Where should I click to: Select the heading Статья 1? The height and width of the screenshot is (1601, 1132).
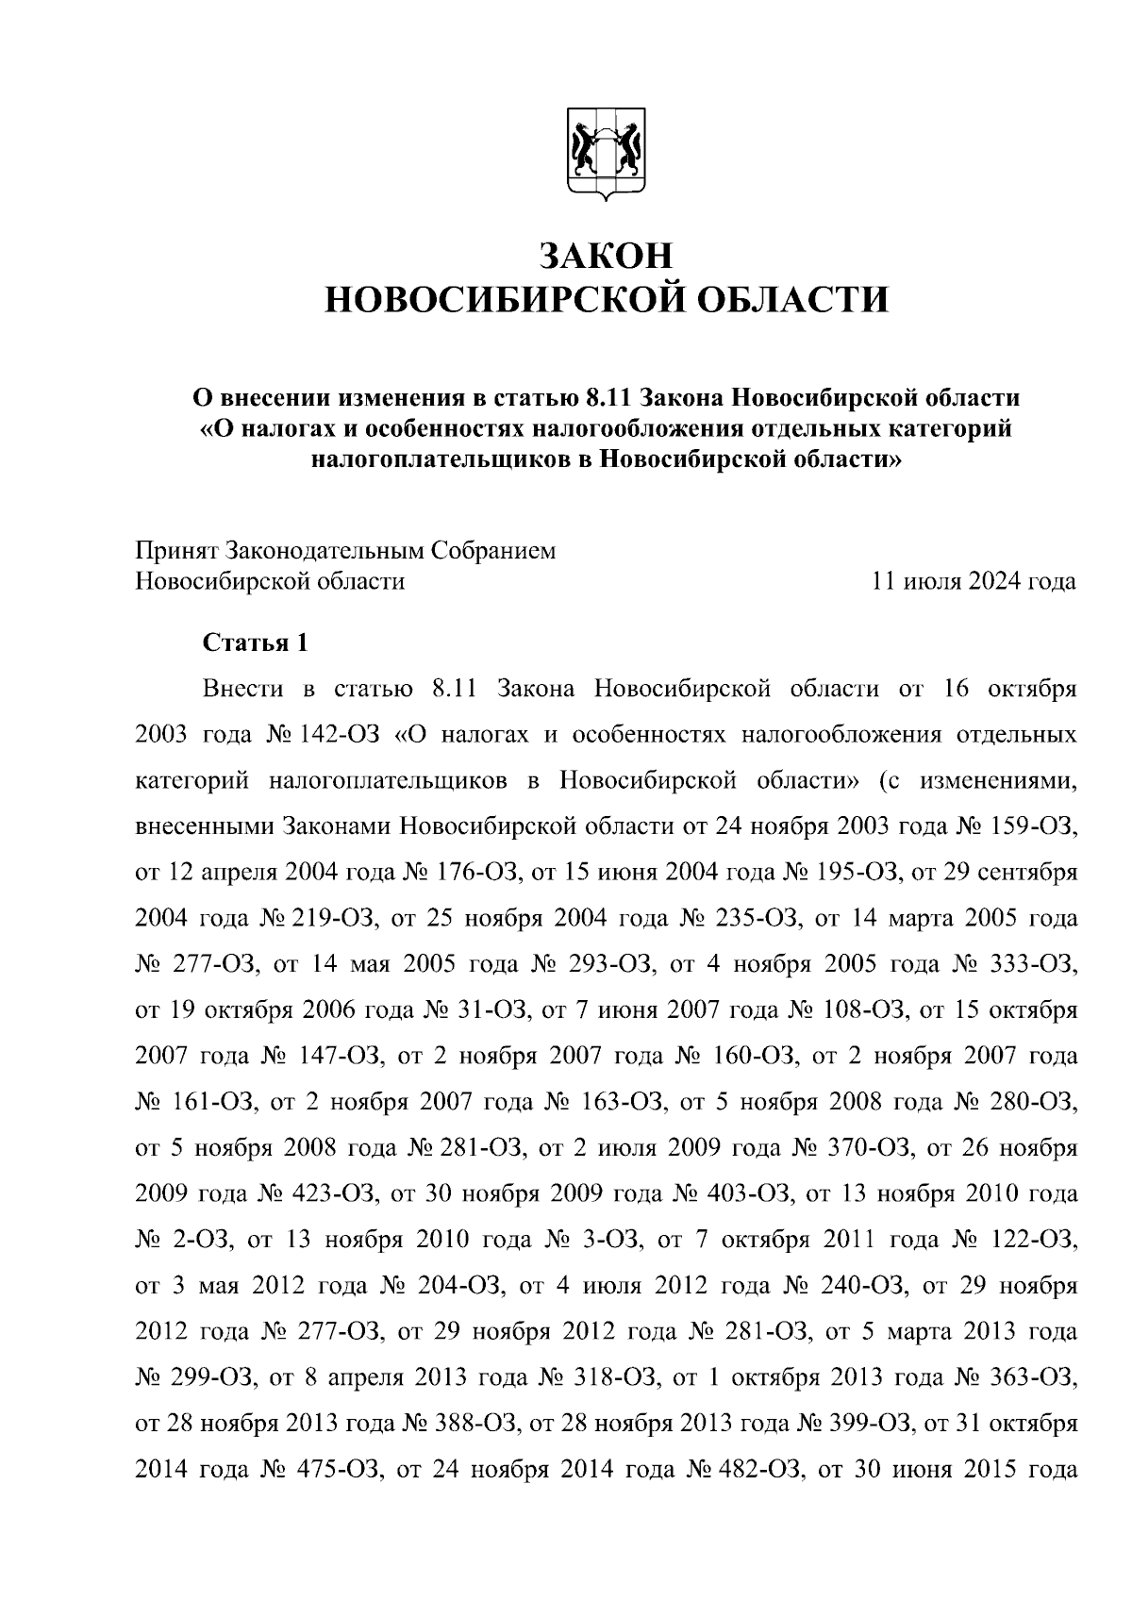[x=256, y=643]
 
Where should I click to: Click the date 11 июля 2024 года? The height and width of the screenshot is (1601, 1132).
[x=974, y=581]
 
